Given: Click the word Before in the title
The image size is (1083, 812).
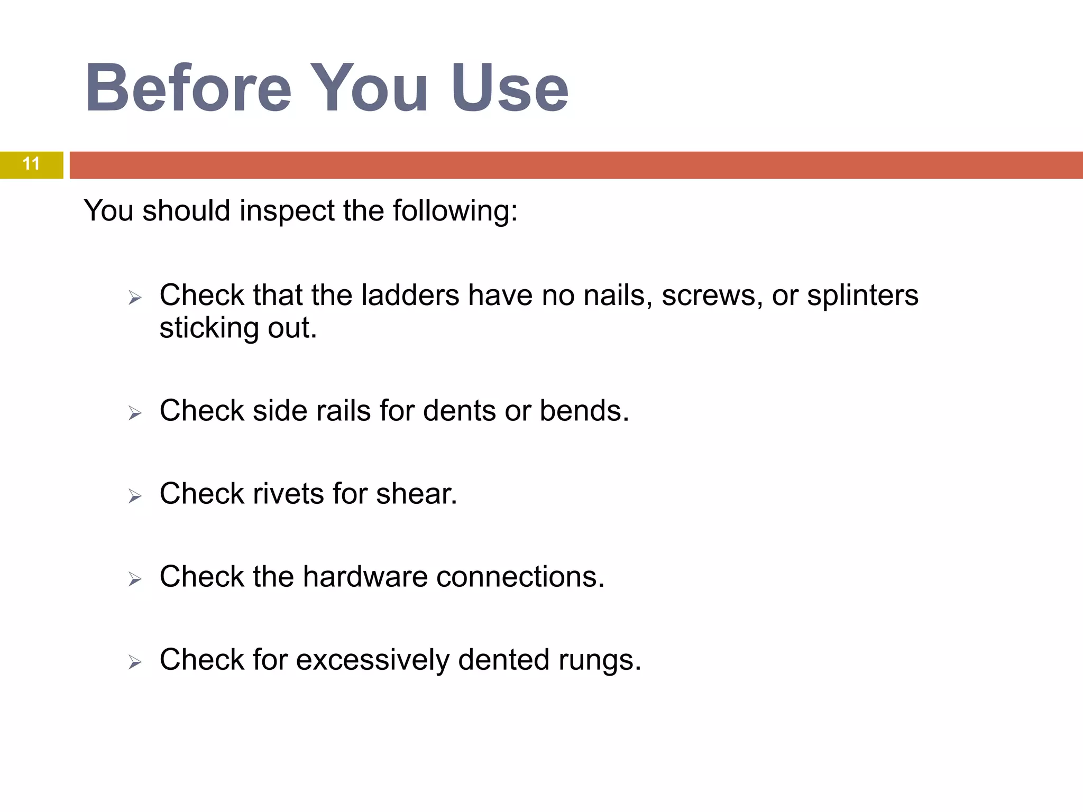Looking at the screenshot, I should pyautogui.click(x=188, y=89).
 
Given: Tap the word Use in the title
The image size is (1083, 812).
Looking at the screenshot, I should pyautogui.click(x=510, y=89).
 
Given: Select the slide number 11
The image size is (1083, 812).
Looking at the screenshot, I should pyautogui.click(x=31, y=164).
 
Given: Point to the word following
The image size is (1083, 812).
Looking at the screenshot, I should pyautogui.click(x=455, y=211).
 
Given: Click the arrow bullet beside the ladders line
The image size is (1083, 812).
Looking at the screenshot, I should pyautogui.click(x=135, y=298).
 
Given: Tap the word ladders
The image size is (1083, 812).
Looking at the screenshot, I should pyautogui.click(x=410, y=295).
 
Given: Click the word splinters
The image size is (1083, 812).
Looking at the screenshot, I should pyautogui.click(x=862, y=295).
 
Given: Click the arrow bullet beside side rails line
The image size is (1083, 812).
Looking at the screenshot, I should pyautogui.click(x=135, y=413).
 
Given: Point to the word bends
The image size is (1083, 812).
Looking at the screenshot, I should pyautogui.click(x=584, y=411).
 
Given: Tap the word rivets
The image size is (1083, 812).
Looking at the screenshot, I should pyautogui.click(x=288, y=494).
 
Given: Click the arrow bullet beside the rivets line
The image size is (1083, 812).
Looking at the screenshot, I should pyautogui.click(x=135, y=496).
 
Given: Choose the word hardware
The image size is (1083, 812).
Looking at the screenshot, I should pyautogui.click(x=365, y=577).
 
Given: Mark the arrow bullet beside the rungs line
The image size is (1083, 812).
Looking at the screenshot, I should pyautogui.click(x=135, y=662).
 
